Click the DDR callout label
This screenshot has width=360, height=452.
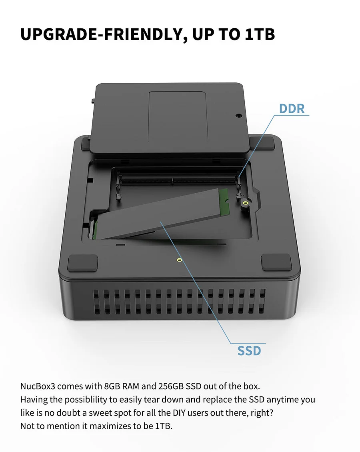pyautogui.click(x=292, y=108)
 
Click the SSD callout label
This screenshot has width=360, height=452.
pyautogui.click(x=249, y=350)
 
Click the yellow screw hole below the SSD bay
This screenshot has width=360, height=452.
pyautogui.click(x=179, y=260)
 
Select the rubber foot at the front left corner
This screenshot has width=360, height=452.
pyautogui.click(x=83, y=263)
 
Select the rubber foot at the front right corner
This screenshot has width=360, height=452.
pyautogui.click(x=276, y=262)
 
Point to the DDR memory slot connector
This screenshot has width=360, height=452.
pyautogui.click(x=176, y=181)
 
